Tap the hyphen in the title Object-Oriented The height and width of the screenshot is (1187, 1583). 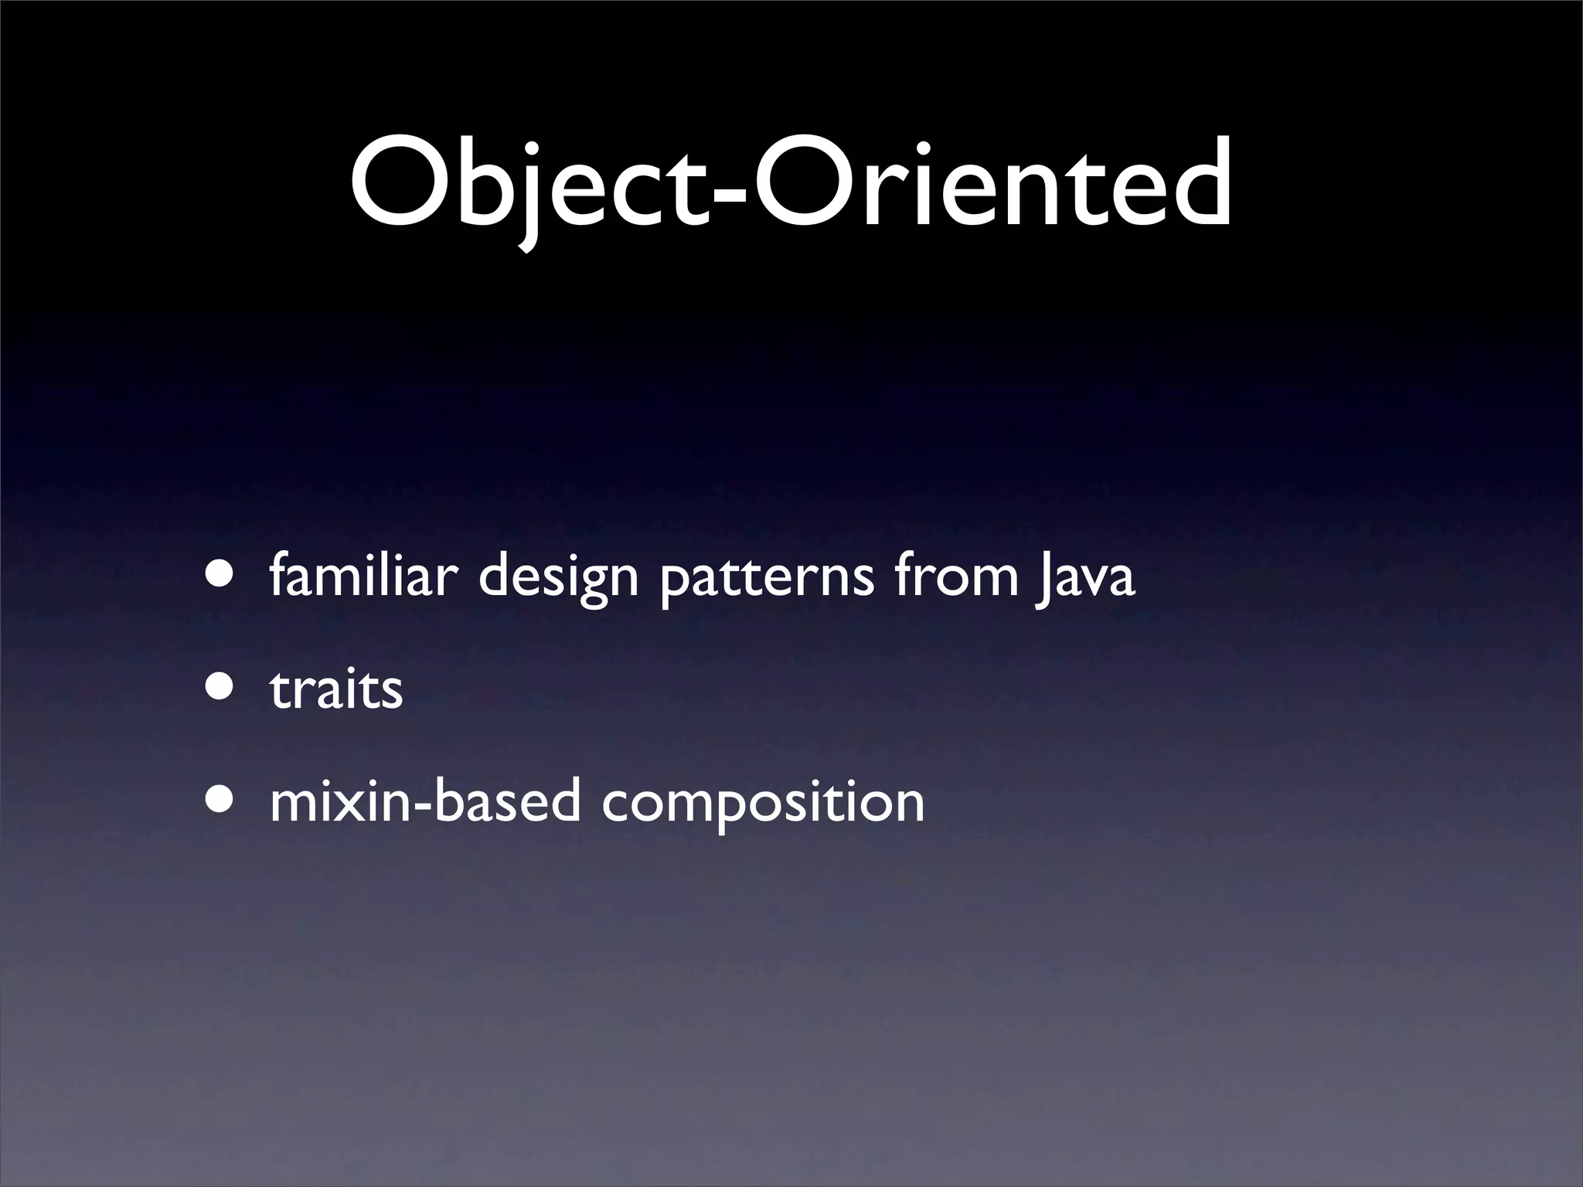[728, 193]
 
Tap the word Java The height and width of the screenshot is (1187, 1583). [1085, 578]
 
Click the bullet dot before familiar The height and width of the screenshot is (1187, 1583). [218, 577]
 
